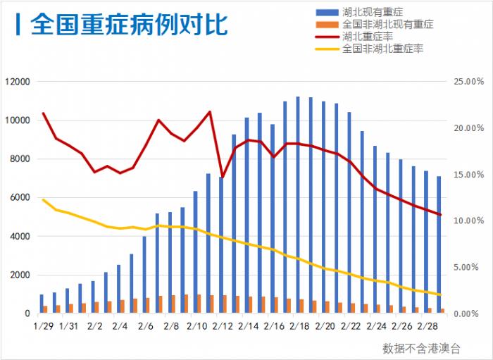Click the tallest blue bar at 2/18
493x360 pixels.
click(x=298, y=204)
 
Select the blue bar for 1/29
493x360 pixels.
click(x=42, y=304)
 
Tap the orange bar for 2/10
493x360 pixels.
click(x=199, y=304)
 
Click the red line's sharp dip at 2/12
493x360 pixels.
click(x=222, y=177)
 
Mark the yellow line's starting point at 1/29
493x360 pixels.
click(x=43, y=199)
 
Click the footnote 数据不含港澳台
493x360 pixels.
click(x=421, y=347)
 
